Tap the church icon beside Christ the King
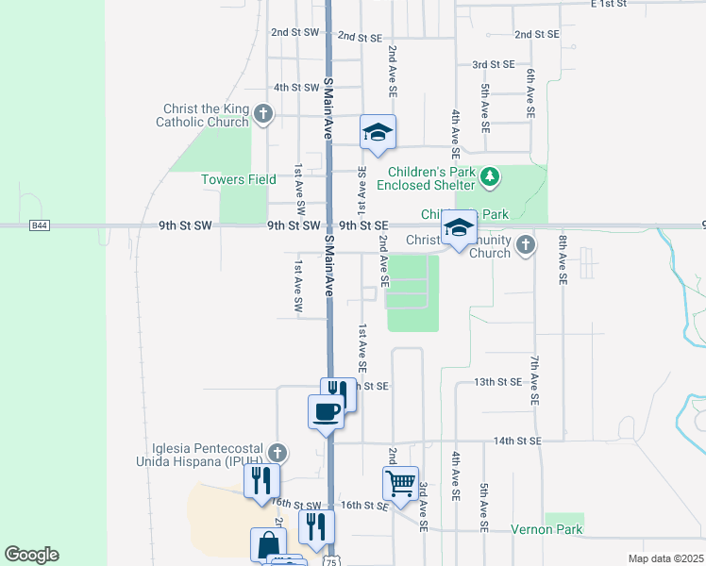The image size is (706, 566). (x=263, y=115)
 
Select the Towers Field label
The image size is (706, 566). (x=239, y=179)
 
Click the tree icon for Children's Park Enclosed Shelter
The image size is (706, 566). (x=489, y=175)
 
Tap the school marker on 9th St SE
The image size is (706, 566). (x=460, y=228)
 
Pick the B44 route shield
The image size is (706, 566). (x=39, y=225)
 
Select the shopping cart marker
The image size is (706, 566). (x=400, y=483)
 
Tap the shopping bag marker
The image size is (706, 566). (x=268, y=544)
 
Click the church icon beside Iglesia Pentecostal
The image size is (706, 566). (x=276, y=450)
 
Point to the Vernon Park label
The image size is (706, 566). (x=547, y=530)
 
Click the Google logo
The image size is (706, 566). (x=31, y=555)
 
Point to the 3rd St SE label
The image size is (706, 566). (x=494, y=64)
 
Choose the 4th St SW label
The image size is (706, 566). (x=296, y=87)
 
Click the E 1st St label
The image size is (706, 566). (x=609, y=4)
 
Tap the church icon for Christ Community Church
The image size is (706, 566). (x=526, y=246)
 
